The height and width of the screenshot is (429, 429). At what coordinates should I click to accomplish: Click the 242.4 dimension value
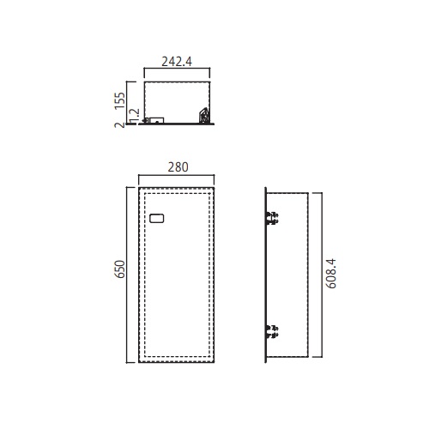click(x=177, y=62)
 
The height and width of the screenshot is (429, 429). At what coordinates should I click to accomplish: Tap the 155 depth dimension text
click(x=120, y=100)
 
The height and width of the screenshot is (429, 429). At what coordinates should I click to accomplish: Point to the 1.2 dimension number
click(x=135, y=115)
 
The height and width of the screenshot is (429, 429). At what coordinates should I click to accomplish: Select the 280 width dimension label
click(x=178, y=167)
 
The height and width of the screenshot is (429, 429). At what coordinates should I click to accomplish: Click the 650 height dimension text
click(x=120, y=269)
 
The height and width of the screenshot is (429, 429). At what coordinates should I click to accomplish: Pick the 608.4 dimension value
click(x=331, y=274)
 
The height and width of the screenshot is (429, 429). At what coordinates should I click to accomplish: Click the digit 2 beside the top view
click(x=120, y=124)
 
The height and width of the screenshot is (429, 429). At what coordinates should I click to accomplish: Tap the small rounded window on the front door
click(x=157, y=218)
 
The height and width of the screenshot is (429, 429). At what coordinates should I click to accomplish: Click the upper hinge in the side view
click(x=272, y=218)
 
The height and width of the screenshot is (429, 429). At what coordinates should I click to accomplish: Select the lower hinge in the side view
click(x=272, y=331)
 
